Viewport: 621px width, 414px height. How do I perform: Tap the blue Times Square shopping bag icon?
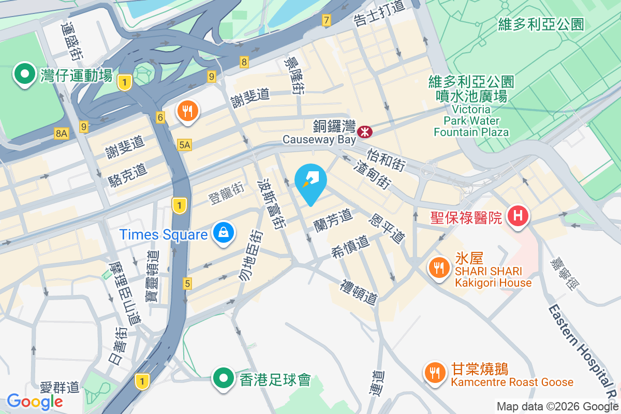click(224, 233)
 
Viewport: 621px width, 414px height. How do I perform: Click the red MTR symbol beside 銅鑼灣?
click(365, 132)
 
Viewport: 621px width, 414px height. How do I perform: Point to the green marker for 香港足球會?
click(224, 378)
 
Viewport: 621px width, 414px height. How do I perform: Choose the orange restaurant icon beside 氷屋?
click(439, 268)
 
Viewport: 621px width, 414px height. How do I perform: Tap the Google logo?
click(35, 401)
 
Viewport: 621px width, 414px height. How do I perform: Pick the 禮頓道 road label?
click(359, 292)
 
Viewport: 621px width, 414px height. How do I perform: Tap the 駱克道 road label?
click(128, 174)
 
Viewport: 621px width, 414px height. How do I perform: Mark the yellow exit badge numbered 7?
click(326, 21)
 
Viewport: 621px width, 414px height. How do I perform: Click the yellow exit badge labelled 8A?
click(61, 134)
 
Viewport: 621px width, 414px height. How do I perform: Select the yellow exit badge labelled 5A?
click(184, 145)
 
